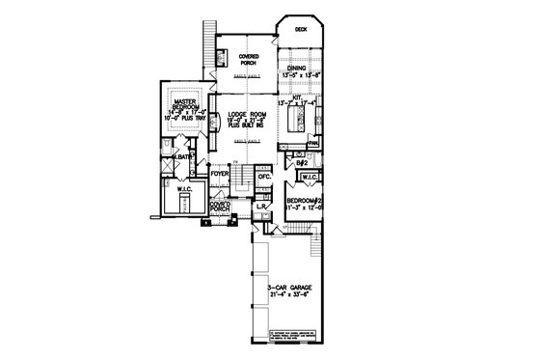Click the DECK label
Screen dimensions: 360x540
(300, 29)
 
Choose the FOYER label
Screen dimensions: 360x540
(232, 175)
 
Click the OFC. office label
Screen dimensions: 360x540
(263, 177)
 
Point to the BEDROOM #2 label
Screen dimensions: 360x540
(308, 199)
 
